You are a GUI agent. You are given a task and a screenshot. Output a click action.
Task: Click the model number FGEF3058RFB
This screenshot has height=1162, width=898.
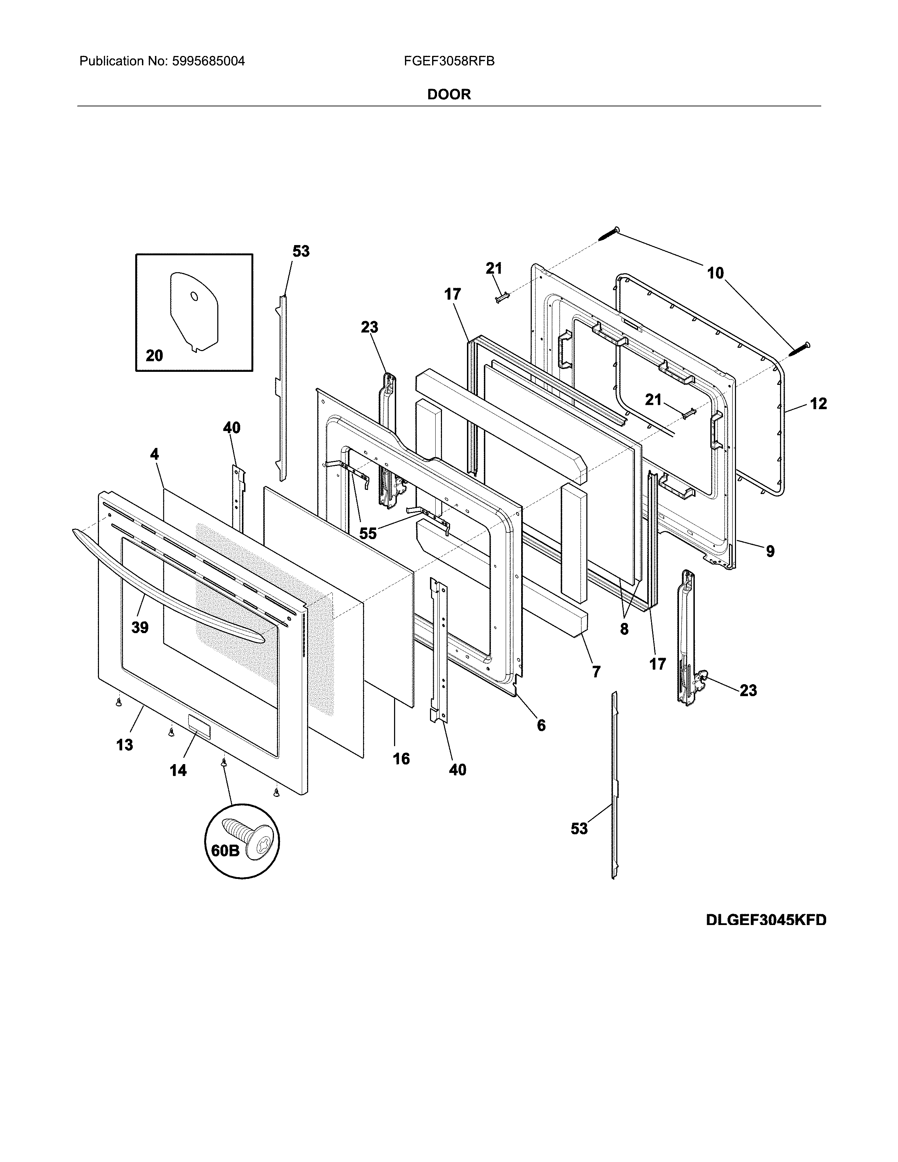(449, 61)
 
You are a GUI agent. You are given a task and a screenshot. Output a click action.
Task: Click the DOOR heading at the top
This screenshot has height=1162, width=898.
(449, 95)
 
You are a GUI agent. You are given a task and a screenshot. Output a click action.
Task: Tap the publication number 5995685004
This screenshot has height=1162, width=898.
(208, 61)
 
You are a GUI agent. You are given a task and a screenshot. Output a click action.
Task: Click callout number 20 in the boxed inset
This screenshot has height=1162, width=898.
(154, 355)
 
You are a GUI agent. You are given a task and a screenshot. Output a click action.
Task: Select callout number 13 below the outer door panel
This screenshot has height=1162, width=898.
(124, 744)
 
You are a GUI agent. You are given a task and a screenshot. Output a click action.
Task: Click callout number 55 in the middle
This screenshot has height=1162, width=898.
(368, 533)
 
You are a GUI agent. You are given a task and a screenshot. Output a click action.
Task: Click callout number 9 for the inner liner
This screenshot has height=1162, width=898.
(770, 551)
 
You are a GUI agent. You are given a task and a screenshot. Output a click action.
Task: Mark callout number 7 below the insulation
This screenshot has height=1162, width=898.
(596, 672)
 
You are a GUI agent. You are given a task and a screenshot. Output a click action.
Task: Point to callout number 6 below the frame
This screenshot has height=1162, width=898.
(541, 725)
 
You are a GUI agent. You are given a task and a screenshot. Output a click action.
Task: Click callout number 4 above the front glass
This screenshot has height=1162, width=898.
(154, 454)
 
